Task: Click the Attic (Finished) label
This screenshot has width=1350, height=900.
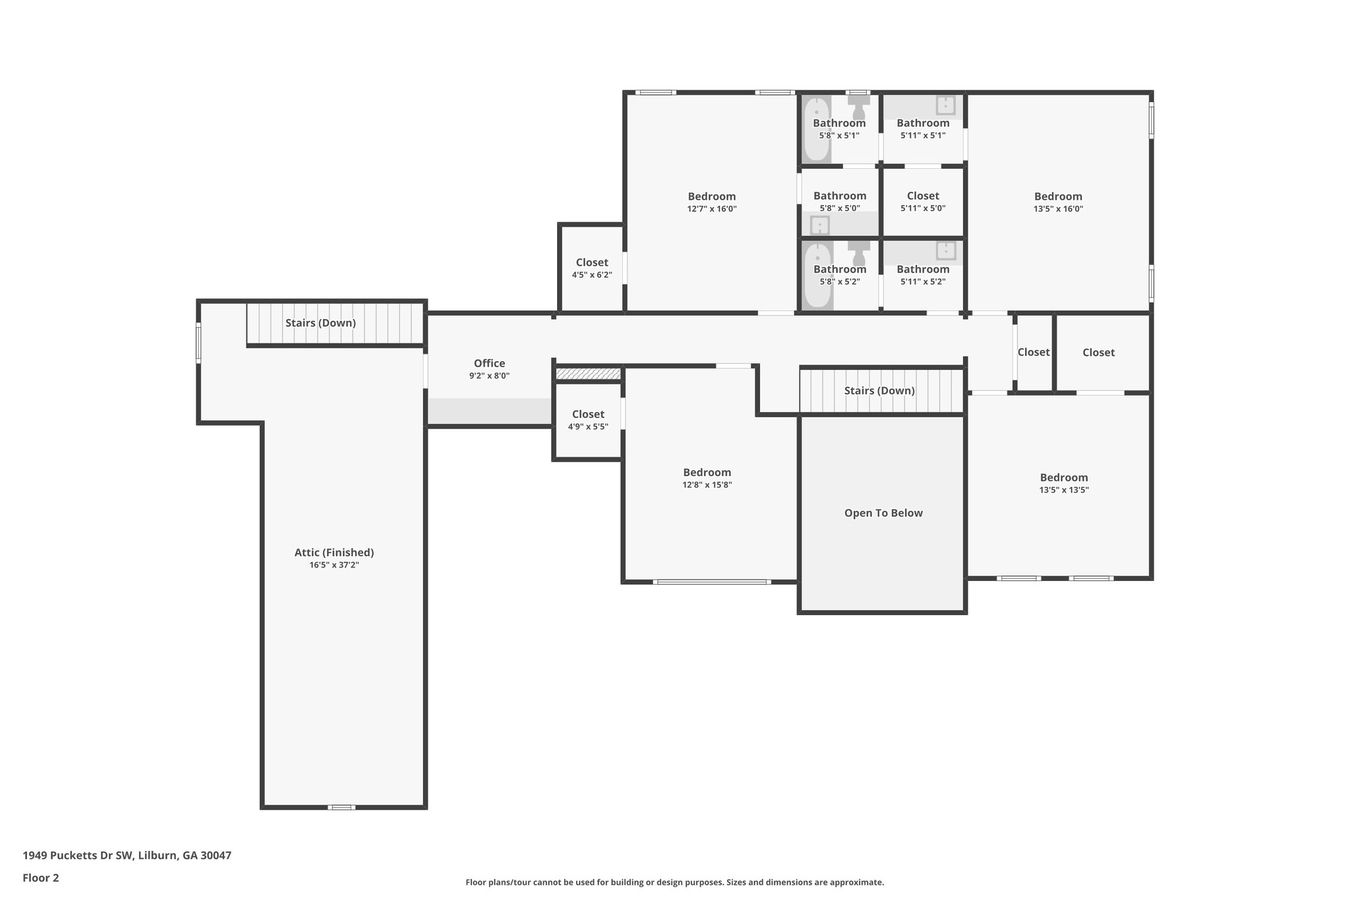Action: click(x=334, y=553)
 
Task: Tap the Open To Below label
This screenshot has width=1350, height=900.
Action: click(x=883, y=513)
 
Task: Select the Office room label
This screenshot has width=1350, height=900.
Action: click(x=489, y=363)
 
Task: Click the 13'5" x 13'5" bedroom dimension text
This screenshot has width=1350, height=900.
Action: click(x=1063, y=490)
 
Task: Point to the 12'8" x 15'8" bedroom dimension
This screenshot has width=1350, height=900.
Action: click(x=707, y=485)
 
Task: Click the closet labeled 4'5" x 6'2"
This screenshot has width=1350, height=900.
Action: click(x=591, y=268)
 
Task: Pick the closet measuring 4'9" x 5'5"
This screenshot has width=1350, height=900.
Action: click(x=587, y=420)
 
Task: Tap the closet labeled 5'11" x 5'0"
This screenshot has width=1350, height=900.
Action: click(x=922, y=201)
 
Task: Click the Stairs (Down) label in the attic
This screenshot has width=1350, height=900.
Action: click(x=320, y=323)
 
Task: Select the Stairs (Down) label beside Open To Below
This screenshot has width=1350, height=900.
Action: click(x=879, y=390)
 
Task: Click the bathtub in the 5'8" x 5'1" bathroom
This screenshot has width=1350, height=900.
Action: click(x=816, y=129)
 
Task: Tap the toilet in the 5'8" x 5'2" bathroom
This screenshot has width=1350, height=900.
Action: click(x=858, y=252)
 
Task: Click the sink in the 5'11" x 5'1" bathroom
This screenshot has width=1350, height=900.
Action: click(x=945, y=105)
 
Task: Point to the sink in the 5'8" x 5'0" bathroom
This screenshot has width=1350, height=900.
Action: click(x=819, y=226)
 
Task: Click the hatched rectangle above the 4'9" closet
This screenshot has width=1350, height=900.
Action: click(x=588, y=375)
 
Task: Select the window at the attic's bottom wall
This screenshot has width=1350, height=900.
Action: click(x=341, y=807)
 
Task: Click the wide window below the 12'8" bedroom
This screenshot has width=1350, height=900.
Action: click(x=711, y=582)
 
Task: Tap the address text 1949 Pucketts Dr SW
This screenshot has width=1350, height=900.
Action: click(x=127, y=855)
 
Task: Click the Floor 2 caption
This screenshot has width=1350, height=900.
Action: click(x=41, y=878)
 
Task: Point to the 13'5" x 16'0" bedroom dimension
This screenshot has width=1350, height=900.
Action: click(x=1057, y=208)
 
